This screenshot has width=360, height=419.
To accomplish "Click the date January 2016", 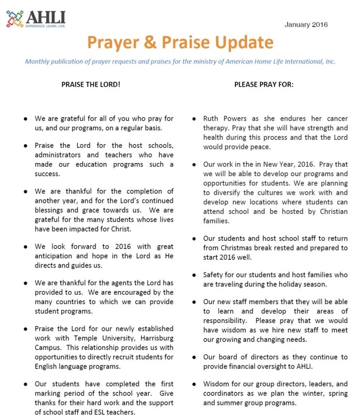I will [306, 24].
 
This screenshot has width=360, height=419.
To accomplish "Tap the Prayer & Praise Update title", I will [180, 43].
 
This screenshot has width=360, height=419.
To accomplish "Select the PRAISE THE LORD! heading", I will [90, 84].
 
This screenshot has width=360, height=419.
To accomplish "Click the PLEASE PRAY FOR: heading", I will [264, 84].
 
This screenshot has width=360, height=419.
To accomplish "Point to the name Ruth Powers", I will [225, 119].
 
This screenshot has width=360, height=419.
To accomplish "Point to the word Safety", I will [214, 275].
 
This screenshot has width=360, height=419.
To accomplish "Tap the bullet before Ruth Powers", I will [194, 119].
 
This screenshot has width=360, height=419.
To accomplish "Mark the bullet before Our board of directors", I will [194, 357].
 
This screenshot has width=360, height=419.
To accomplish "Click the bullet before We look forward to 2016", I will [25, 247].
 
